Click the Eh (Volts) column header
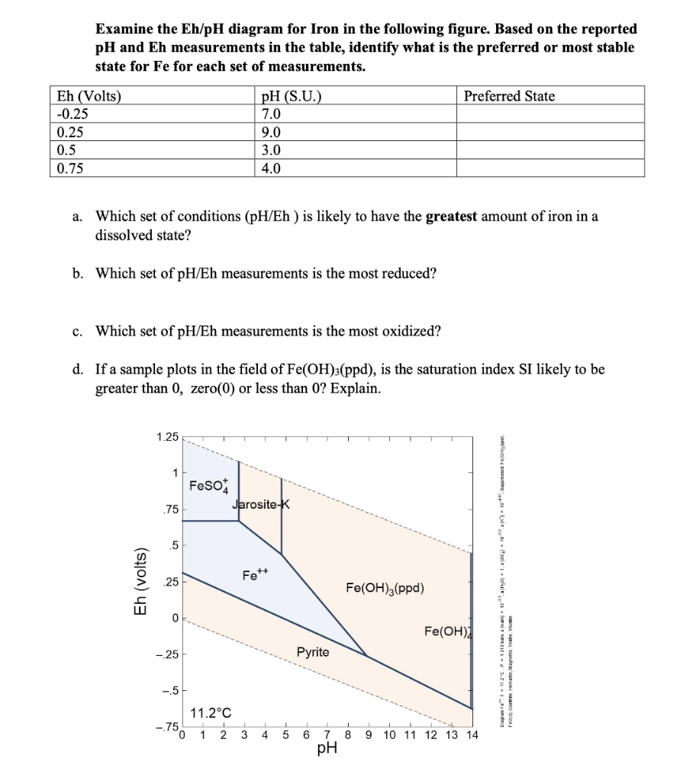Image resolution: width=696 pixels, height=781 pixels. click(89, 96)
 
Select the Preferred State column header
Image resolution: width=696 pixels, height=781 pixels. click(509, 96)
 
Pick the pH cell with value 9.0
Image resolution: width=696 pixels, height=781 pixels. click(272, 131)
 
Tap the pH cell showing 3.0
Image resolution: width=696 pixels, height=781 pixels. click(272, 149)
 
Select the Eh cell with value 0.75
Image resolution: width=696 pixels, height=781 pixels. click(70, 168)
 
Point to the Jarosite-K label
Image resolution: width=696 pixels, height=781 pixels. click(261, 504)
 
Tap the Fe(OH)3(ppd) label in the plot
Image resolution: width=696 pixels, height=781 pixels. click(385, 588)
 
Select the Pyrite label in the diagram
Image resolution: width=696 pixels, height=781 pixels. click(313, 652)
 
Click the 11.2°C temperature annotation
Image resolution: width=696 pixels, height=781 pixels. click(212, 714)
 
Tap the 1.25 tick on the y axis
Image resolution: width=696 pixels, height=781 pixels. click(166, 437)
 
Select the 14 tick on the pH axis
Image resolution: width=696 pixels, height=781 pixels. click(472, 735)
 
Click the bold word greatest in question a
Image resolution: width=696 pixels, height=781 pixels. click(451, 216)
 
